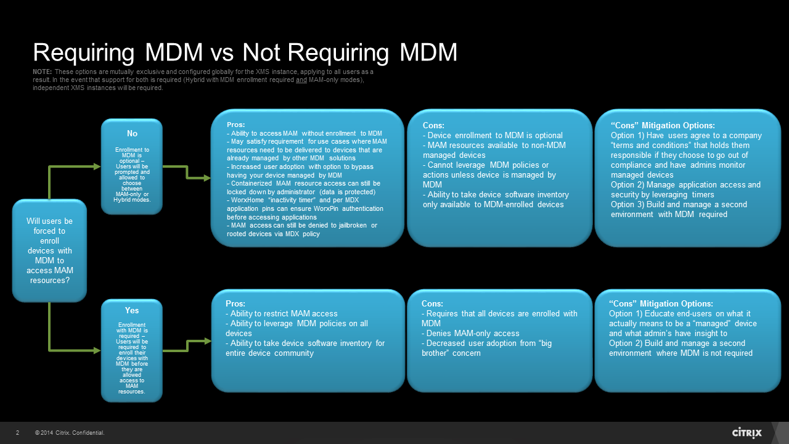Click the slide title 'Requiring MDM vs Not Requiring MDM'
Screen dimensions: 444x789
pyautogui.click(x=245, y=53)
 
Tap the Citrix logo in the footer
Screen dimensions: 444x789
pyautogui.click(x=746, y=432)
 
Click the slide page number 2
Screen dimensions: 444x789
pyautogui.click(x=17, y=433)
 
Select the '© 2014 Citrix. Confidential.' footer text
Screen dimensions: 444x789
pyautogui.click(x=70, y=433)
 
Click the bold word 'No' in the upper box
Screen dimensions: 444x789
pyautogui.click(x=132, y=134)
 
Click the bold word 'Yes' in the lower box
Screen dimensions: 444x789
pyautogui.click(x=132, y=310)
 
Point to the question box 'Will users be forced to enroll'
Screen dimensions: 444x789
pyautogui.click(x=49, y=250)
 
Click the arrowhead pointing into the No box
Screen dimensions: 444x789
pyautogui.click(x=97, y=166)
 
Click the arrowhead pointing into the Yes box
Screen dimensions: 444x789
pyautogui.click(x=97, y=350)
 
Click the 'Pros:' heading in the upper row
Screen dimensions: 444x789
pyautogui.click(x=236, y=125)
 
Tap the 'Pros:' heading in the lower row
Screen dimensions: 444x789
pyautogui.click(x=236, y=304)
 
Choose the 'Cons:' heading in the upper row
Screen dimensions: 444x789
pyautogui.click(x=434, y=126)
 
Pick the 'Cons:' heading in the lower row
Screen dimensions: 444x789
pyautogui.click(x=433, y=304)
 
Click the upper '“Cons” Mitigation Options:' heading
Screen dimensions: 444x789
pyautogui.click(x=663, y=126)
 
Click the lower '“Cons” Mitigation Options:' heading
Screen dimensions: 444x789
pyautogui.click(x=661, y=304)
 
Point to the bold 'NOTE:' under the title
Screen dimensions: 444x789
pyautogui.click(x=43, y=73)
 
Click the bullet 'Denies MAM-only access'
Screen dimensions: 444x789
pyautogui.click(x=472, y=334)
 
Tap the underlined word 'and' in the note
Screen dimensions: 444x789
pyautogui.click(x=301, y=80)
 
